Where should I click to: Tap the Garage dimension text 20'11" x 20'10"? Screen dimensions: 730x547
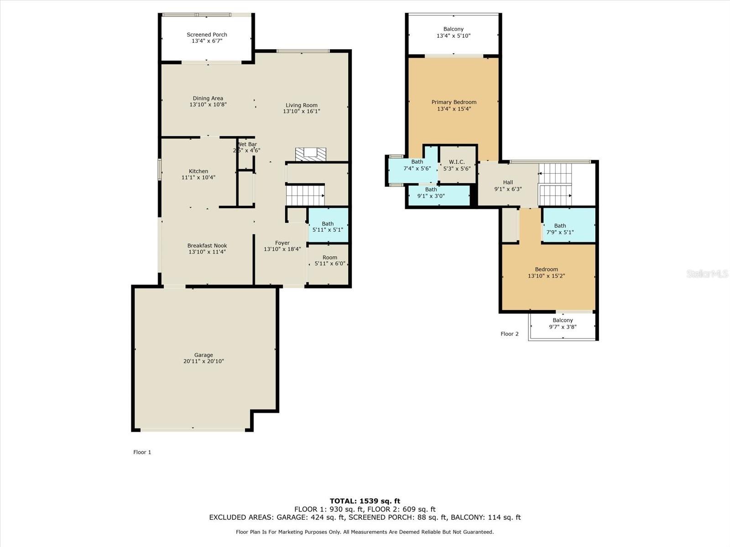(203, 361)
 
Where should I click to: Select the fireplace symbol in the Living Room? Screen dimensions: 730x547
(311, 155)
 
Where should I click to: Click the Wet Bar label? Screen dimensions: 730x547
(247, 144)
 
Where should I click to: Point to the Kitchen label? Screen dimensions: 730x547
(198, 171)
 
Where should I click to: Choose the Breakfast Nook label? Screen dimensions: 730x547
(207, 245)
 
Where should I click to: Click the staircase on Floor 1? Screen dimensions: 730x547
(305, 196)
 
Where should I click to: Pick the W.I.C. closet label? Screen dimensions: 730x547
(457, 162)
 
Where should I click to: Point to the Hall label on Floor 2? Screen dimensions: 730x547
(508, 182)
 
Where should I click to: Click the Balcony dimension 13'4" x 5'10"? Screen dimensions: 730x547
(454, 36)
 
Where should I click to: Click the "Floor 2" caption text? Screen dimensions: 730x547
(510, 334)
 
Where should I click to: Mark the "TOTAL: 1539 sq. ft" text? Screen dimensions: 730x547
(365, 501)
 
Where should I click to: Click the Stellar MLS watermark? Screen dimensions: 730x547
(707, 273)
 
